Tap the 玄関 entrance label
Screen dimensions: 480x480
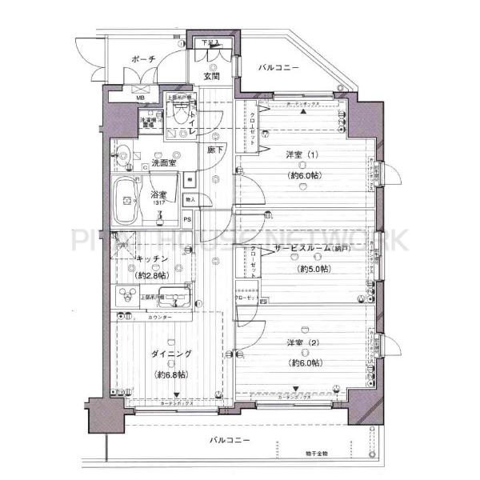211,77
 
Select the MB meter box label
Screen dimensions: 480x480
141,98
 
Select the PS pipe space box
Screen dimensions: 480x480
188,220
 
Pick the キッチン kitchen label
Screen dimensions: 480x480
150,259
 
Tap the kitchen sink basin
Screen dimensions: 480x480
171,298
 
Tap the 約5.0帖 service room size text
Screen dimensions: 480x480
314,269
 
